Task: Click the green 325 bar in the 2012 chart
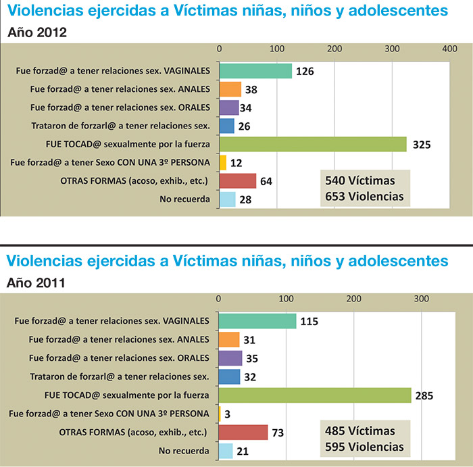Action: [313, 145]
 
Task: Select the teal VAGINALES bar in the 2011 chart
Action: [257, 321]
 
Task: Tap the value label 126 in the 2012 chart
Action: [305, 71]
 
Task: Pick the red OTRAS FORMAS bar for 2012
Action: [238, 181]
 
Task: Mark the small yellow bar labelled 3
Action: [220, 414]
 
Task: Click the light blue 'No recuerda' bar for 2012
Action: [228, 199]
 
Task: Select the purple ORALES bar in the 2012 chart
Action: [229, 107]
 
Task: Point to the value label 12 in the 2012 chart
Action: [238, 163]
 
